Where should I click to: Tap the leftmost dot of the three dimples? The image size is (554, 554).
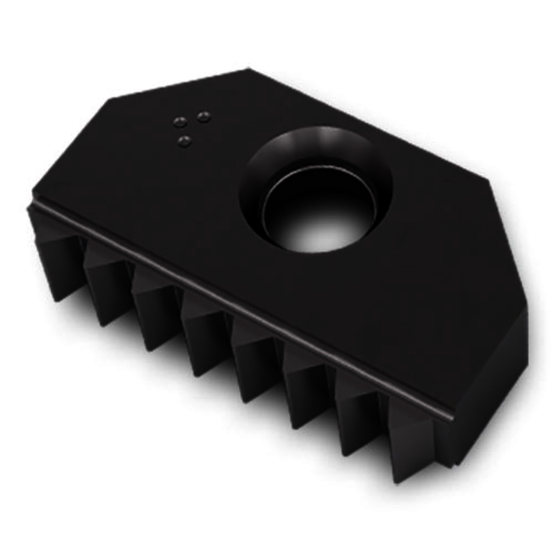point(176,121)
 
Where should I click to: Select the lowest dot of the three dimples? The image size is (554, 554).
point(186,142)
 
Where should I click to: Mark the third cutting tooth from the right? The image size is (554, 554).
point(307,378)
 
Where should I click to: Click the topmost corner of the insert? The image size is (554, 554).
point(248,69)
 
